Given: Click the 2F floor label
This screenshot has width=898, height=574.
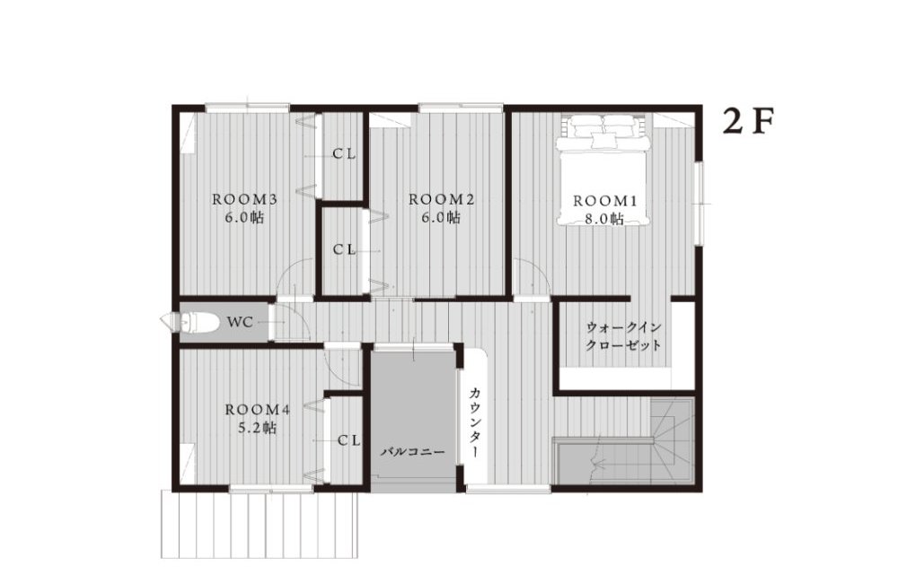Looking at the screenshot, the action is pyautogui.click(x=748, y=121).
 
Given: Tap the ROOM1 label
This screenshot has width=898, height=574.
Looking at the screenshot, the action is pyautogui.click(x=604, y=201).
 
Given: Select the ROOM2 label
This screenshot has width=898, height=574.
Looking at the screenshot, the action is pyautogui.click(x=441, y=199).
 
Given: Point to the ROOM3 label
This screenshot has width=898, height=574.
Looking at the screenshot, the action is pyautogui.click(x=244, y=199).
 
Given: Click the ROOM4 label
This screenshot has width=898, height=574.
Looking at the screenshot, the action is pyautogui.click(x=258, y=410).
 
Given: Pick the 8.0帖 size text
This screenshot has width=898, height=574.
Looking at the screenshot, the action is pyautogui.click(x=604, y=219).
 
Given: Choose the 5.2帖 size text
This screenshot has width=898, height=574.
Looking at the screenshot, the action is pyautogui.click(x=257, y=428).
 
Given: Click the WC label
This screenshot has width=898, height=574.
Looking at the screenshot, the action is pyautogui.click(x=240, y=322).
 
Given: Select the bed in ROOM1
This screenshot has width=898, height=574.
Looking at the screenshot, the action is pyautogui.click(x=604, y=170).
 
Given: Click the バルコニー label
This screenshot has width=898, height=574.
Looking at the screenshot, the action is pyautogui.click(x=413, y=452).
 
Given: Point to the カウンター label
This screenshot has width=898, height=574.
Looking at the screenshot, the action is pyautogui.click(x=475, y=422).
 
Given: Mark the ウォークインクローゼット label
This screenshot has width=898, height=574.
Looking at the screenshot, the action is pyautogui.click(x=624, y=336).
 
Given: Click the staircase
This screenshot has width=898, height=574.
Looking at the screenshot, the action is pyautogui.click(x=624, y=442).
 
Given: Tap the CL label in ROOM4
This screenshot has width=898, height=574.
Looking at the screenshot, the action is pyautogui.click(x=348, y=440).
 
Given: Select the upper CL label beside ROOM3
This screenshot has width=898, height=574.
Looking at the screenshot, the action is pyautogui.click(x=345, y=153).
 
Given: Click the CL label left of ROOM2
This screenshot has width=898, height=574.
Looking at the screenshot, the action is pyautogui.click(x=345, y=250).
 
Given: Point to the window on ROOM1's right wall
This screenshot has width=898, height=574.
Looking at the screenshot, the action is pyautogui.click(x=699, y=203).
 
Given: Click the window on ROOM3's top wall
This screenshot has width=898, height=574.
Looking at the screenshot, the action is pyautogui.click(x=248, y=107).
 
